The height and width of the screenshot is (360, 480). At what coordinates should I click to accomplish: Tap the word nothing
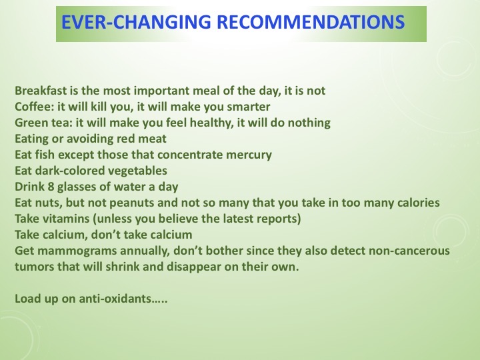[307, 123]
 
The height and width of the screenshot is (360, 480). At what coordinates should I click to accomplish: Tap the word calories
[415, 203]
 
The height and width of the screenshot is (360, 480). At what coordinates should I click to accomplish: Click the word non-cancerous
[407, 251]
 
